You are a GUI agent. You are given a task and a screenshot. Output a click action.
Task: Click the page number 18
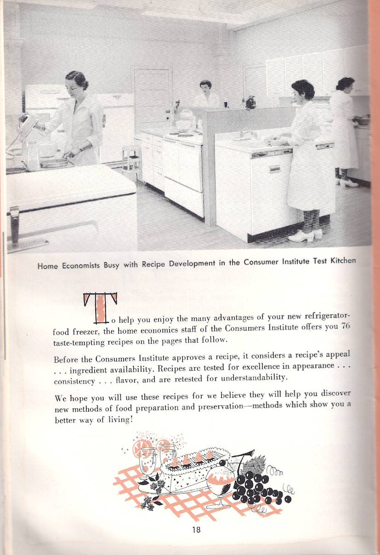coord(196,530)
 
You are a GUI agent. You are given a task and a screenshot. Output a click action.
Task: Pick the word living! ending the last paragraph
coord(116,420)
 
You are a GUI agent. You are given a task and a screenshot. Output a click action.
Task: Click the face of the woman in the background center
coord(205,87)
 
